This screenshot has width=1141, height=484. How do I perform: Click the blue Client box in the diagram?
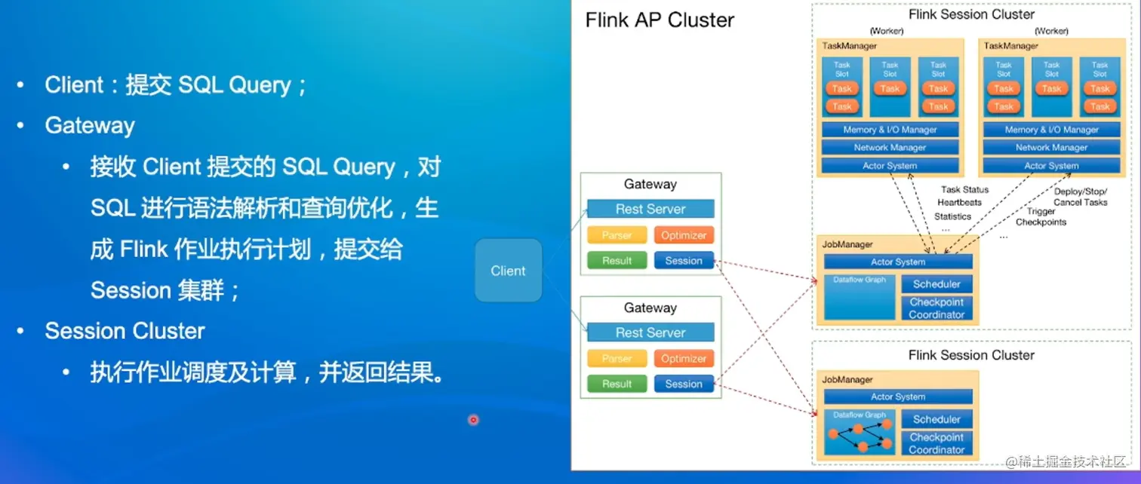coord(508,271)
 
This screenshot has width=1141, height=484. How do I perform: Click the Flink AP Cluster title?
coord(660,20)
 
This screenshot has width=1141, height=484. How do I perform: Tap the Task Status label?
coord(964,190)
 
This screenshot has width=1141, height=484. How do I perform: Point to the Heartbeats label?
coord(959,203)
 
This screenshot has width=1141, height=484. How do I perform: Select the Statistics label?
coord(952,216)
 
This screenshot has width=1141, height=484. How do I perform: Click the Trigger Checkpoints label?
coord(1041,217)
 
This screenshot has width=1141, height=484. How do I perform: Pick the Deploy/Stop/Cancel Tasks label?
coord(1081,197)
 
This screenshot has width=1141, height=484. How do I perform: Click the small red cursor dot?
coord(473,420)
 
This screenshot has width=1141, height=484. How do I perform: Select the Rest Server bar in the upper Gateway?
coord(650,209)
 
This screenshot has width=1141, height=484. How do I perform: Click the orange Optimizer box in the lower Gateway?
coord(684,359)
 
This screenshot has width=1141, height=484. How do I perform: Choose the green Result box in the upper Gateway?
coord(617,261)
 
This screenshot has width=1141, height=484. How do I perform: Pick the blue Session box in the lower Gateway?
coord(684,384)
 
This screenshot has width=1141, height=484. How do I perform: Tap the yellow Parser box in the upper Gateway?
coord(617,235)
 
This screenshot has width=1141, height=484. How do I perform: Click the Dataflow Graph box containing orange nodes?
coord(860,433)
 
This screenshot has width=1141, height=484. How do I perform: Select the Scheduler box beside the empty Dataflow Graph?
coord(936,284)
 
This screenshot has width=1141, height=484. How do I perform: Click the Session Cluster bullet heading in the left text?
coord(125,331)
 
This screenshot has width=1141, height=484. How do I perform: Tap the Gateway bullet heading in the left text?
coord(90,125)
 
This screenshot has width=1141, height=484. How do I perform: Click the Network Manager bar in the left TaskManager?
coord(890,148)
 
